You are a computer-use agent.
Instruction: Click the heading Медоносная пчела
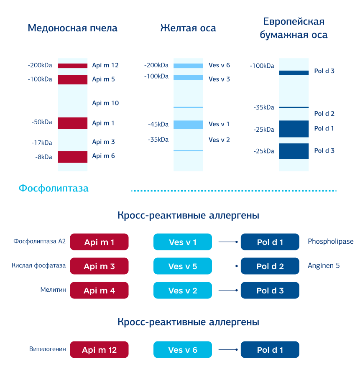[x=72, y=28]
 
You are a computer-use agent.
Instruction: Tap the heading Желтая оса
[x=188, y=28]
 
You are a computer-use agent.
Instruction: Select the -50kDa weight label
[x=42, y=122]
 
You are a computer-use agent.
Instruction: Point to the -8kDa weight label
[x=43, y=157]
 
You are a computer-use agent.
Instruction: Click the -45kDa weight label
[x=158, y=124]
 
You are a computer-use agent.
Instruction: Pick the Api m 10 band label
[x=105, y=103]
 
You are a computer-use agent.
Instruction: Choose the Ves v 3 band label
[x=219, y=79]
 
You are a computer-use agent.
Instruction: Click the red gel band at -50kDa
[x=72, y=123]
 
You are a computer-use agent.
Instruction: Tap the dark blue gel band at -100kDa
[x=294, y=73]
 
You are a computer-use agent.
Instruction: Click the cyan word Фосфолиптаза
[x=54, y=188]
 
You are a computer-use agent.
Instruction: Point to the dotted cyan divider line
[x=234, y=191]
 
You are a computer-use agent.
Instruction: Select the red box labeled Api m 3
[x=99, y=266]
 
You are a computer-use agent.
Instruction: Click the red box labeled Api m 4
[x=99, y=290]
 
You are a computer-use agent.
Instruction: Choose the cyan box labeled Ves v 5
[x=183, y=266]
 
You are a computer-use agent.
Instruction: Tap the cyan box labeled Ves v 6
[x=183, y=350]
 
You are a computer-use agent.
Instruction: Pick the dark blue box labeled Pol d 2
[x=270, y=266]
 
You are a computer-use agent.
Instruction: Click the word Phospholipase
[x=330, y=242]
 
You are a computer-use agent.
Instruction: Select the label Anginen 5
[x=324, y=265]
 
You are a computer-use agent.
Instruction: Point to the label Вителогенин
[x=48, y=349]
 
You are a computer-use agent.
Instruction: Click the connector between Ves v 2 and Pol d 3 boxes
[x=228, y=290]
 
